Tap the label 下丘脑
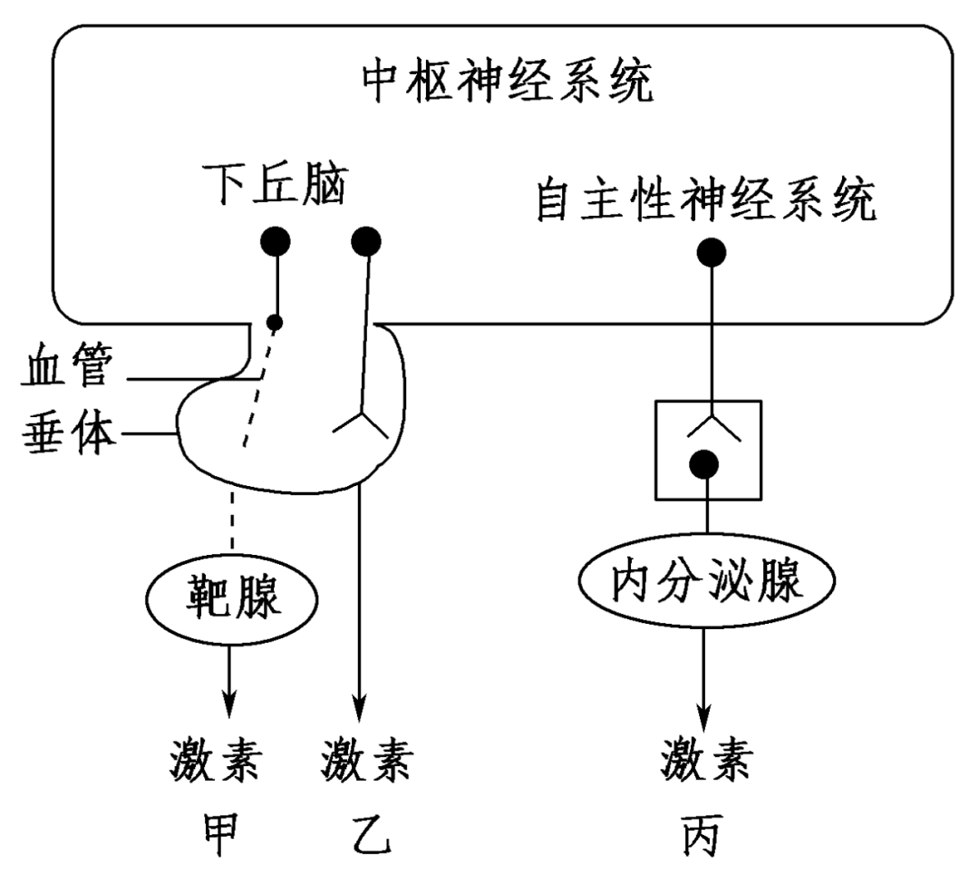pyautogui.click(x=273, y=187)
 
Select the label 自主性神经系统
pyautogui.click(x=706, y=203)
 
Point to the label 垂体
pyautogui.click(x=65, y=435)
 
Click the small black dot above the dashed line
pyautogui.click(x=274, y=322)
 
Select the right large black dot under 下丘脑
pyautogui.click(x=366, y=242)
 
